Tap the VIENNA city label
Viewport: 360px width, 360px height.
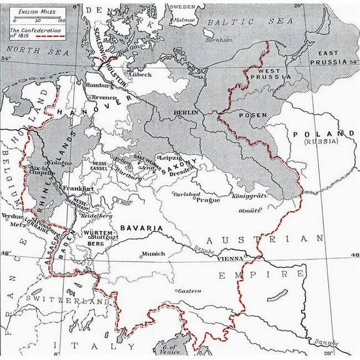pyautogui.click(x=231, y=257)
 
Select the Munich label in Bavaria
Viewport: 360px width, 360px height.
pyautogui.click(x=153, y=254)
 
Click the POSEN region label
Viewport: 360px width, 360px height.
pyautogui.click(x=253, y=116)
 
